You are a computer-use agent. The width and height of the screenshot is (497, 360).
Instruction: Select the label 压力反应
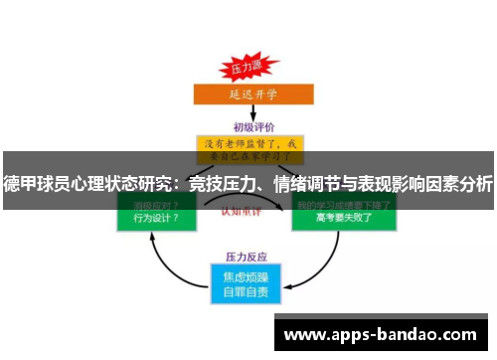(248, 255)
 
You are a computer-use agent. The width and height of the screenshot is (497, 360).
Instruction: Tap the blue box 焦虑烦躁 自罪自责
(248, 282)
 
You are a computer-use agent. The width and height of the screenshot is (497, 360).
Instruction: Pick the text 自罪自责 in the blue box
(248, 290)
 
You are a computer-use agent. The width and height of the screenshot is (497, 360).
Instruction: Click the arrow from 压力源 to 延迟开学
(247, 82)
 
